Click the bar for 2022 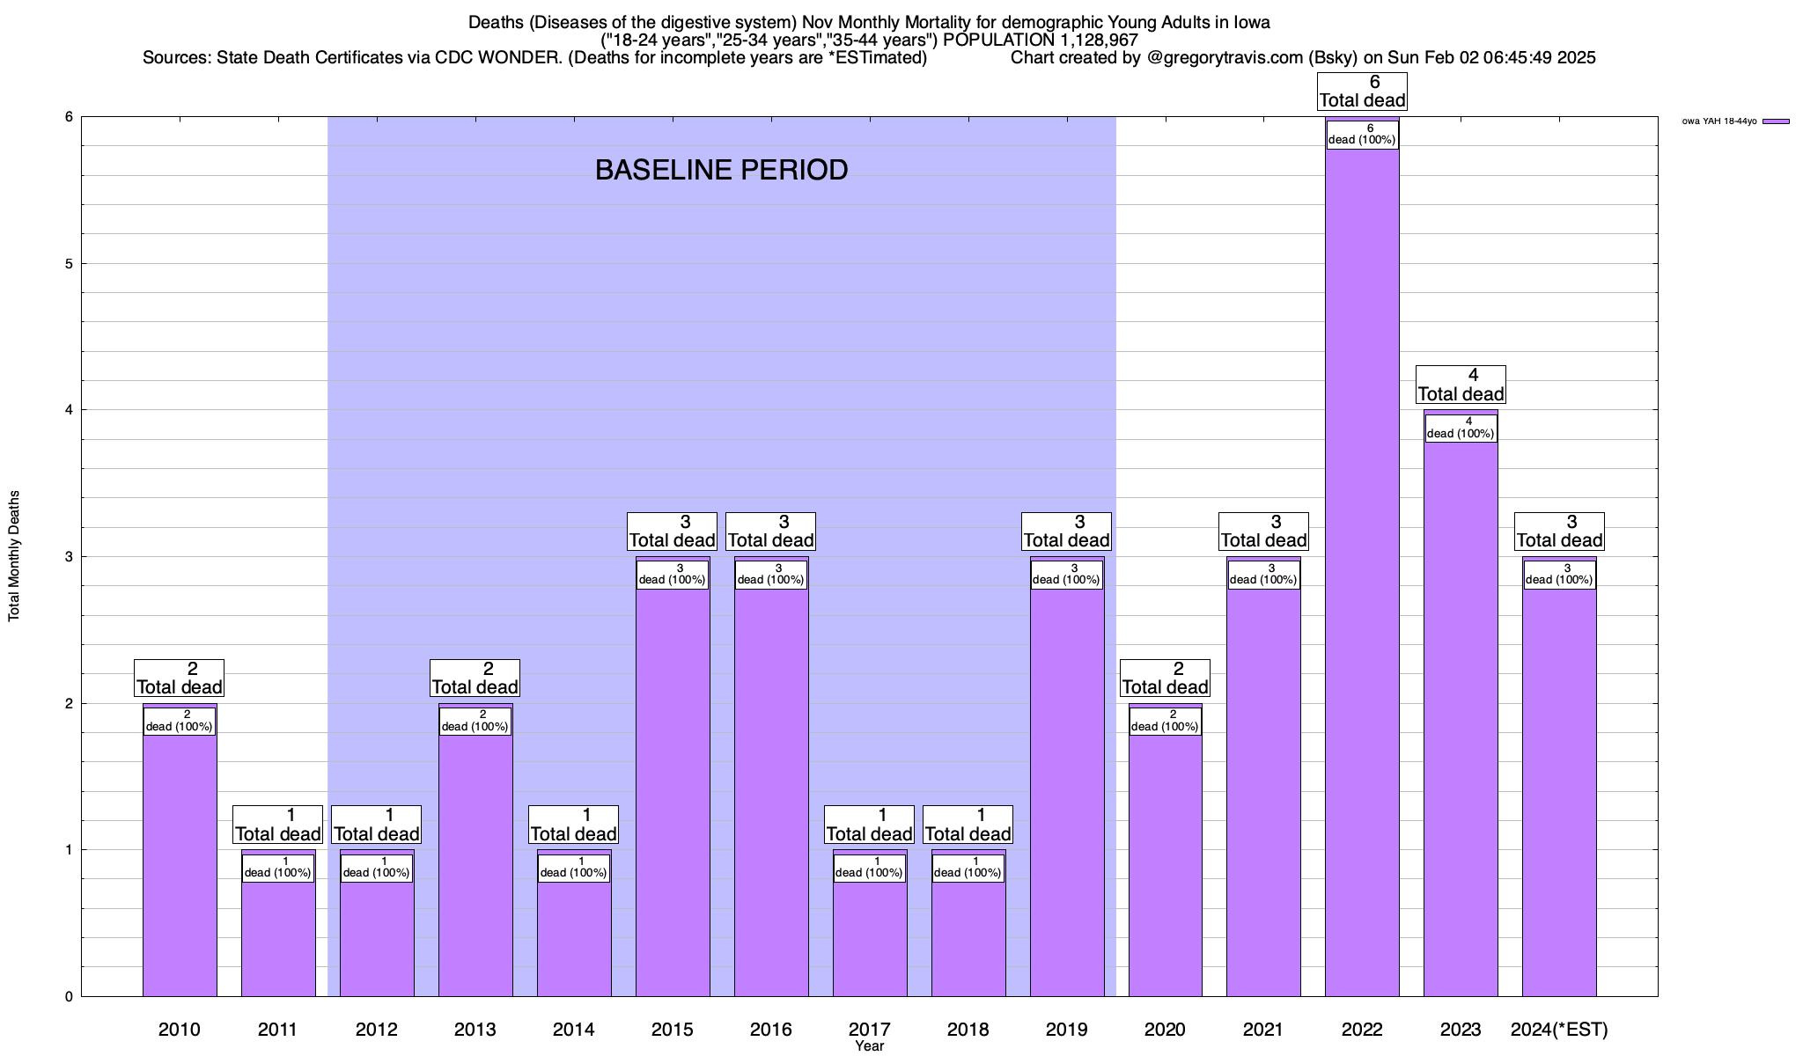1362,572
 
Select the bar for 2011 278,933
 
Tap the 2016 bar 771,792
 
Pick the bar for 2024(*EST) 1559,792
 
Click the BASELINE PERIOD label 721,170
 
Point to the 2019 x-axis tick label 1066,1030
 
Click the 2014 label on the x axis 574,1030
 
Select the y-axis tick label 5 69,264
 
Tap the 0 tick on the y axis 69,997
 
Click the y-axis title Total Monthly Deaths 14,556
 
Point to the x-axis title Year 869,1046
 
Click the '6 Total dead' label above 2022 1362,92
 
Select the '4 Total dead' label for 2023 1461,385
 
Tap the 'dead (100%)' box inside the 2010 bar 180,721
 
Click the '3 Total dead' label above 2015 672,532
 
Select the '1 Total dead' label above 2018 968,825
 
